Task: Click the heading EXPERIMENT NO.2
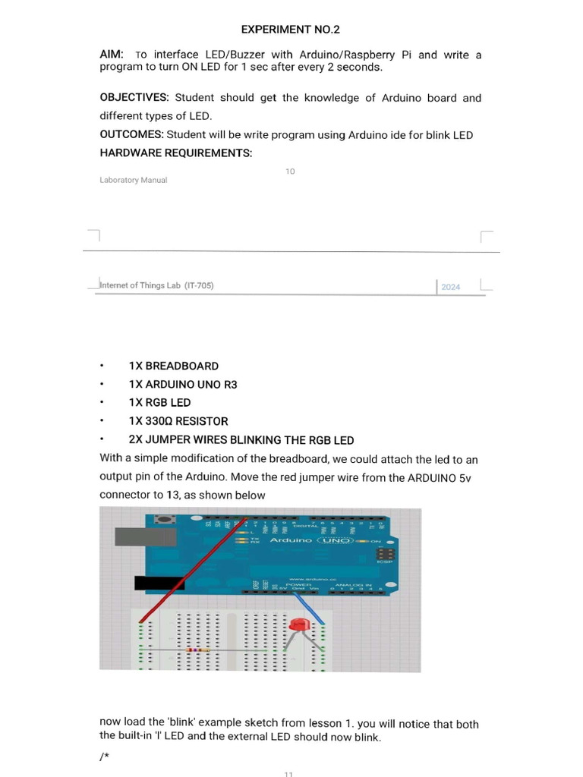(x=291, y=30)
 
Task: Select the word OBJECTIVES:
(x=134, y=98)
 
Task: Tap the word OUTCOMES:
(x=131, y=135)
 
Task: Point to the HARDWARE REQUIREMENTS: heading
(x=175, y=153)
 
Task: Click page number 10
(x=290, y=171)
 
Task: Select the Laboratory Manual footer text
(x=133, y=181)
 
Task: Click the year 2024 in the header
(x=450, y=287)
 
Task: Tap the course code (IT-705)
(x=200, y=285)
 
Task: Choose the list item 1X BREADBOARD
(x=173, y=366)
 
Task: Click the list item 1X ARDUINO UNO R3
(x=182, y=385)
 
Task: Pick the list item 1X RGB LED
(x=159, y=403)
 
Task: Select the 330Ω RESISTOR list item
(x=178, y=421)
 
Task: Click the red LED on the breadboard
(x=297, y=624)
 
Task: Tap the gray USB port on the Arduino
(x=134, y=536)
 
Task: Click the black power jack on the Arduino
(x=159, y=583)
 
